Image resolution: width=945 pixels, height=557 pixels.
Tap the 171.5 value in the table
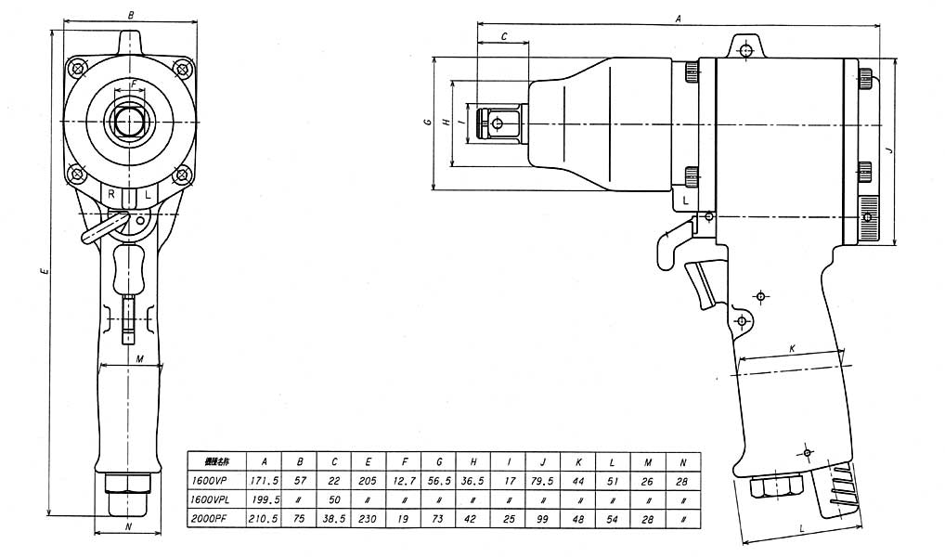265,481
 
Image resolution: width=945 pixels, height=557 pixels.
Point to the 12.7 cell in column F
404,481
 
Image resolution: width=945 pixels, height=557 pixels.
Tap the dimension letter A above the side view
679,18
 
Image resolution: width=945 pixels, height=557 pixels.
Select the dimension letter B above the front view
131,16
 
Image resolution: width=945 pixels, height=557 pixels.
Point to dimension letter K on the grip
792,348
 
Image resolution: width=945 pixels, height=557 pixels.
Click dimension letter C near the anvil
503,35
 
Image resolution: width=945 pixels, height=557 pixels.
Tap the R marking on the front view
111,194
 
